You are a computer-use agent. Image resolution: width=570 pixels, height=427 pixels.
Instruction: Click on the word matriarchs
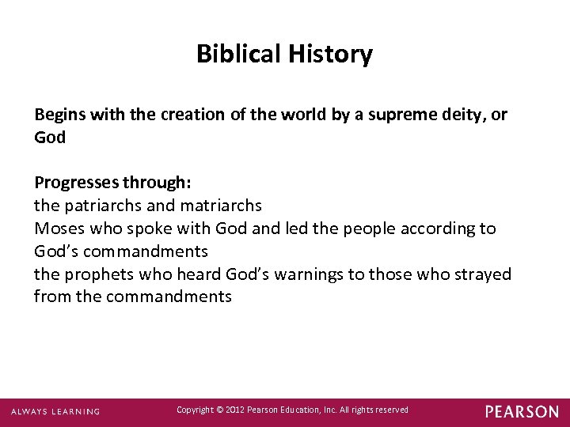tap(221, 206)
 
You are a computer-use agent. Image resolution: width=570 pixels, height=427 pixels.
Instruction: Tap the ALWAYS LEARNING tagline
tap(55, 411)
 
